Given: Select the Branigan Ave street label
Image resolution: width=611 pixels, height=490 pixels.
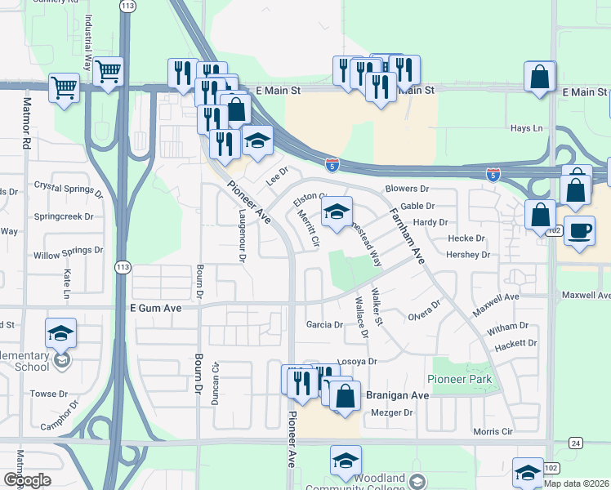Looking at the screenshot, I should click(397, 394).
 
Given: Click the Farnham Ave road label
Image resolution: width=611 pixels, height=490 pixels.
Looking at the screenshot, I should click(406, 234).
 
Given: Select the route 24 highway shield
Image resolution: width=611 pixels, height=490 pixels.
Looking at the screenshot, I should click(576, 443).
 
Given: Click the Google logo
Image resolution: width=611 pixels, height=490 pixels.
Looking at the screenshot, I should click(27, 480).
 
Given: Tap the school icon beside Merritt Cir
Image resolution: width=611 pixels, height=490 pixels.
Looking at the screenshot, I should click(336, 214).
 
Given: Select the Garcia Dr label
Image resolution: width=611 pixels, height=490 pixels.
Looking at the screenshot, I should click(324, 324).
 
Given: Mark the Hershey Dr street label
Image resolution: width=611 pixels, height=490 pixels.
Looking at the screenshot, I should click(468, 255).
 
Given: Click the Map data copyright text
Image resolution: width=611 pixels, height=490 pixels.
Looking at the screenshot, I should click(577, 483).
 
